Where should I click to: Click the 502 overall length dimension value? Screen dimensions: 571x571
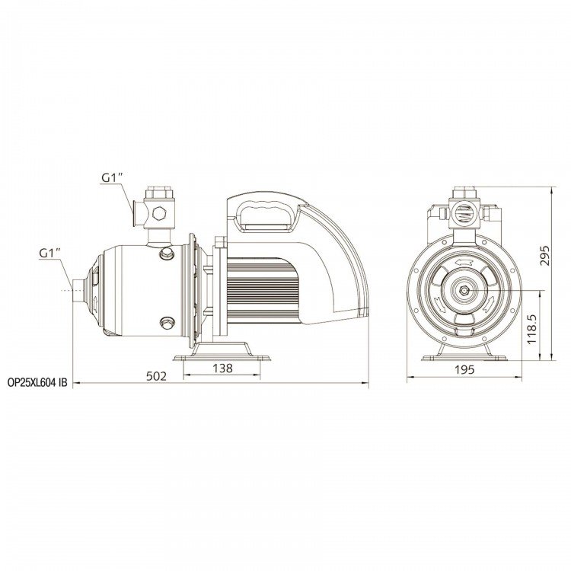tap(156, 376)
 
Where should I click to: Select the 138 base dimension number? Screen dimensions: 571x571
tap(222, 368)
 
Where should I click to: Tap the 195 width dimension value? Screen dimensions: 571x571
tap(465, 369)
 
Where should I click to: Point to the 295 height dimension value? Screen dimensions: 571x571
tap(544, 256)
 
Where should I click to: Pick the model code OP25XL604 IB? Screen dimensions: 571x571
tap(37, 383)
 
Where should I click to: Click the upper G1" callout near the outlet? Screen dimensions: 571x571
tap(112, 177)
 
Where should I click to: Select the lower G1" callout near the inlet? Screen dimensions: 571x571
tap(50, 253)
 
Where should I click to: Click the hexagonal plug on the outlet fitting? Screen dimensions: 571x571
tap(159, 213)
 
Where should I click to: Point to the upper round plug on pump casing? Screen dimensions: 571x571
tap(167, 253)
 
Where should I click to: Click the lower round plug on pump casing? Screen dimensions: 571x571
tap(167, 322)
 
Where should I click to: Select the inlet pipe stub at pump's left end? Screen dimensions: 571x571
tap(78, 290)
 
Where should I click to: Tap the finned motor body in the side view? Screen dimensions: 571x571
tap(263, 290)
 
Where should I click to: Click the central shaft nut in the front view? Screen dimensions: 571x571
tap(464, 290)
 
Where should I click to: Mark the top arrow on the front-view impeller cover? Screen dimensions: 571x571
tap(464, 263)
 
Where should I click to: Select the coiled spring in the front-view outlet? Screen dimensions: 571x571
tap(464, 214)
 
